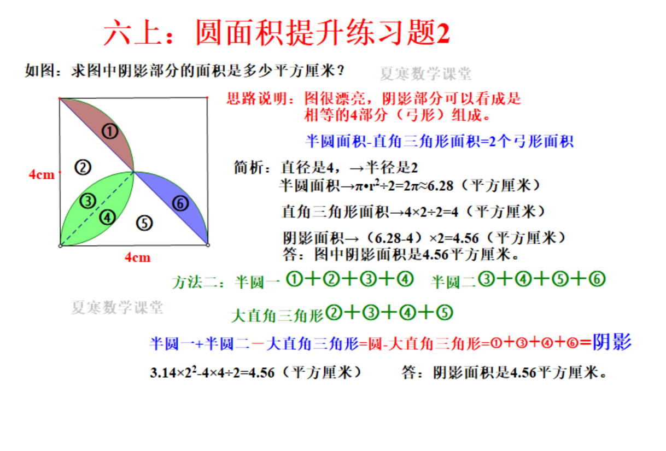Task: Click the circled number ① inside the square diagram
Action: coord(110,131)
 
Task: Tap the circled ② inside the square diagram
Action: coord(83,167)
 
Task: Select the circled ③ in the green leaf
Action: coord(87,201)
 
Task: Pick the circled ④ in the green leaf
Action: coord(107,218)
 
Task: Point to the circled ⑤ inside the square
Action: coord(144,223)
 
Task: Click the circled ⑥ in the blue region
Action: coord(180,204)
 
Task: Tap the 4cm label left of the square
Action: coord(42,174)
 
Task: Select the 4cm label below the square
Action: coord(137,257)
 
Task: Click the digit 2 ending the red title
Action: coord(443,33)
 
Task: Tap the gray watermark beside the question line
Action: coord(425,74)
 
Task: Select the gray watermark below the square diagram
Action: coord(117,307)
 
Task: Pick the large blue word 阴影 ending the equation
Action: coord(612,342)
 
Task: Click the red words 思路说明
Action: coord(257,99)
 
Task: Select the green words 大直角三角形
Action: coord(277,315)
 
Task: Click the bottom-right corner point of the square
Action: coord(208,245)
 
